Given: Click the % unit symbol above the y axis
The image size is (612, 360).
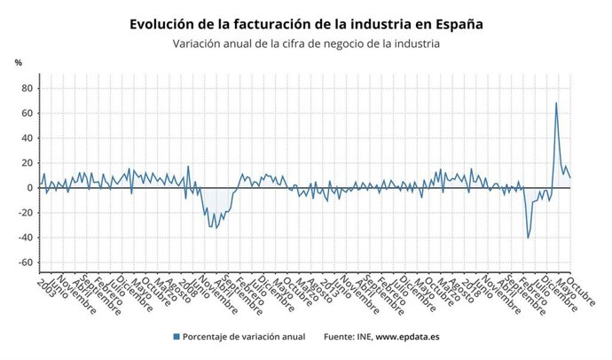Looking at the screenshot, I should [x=19, y=62].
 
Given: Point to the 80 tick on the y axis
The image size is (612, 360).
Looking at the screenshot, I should [x=27, y=88].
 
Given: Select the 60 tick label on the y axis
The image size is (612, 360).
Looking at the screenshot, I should [x=27, y=113].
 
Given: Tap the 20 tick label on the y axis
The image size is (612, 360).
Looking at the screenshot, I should [x=27, y=163].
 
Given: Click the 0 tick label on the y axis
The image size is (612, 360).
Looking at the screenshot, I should [x=29, y=188].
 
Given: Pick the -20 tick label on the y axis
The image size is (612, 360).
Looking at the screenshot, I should [x=25, y=213].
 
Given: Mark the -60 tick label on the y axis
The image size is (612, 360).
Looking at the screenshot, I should [x=25, y=262].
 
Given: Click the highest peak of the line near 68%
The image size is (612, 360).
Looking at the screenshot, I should [x=556, y=103].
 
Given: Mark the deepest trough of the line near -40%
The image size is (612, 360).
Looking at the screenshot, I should [x=529, y=238].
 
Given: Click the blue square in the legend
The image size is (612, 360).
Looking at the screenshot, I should [x=177, y=336].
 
